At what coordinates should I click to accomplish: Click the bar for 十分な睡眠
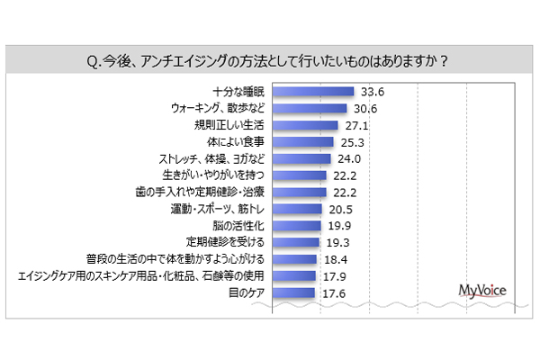click(x=312, y=91)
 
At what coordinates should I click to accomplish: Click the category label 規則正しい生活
click(x=231, y=125)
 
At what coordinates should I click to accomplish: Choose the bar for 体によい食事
click(x=302, y=141)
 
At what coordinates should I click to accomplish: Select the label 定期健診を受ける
click(x=227, y=242)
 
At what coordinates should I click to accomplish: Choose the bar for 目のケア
click(x=292, y=292)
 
